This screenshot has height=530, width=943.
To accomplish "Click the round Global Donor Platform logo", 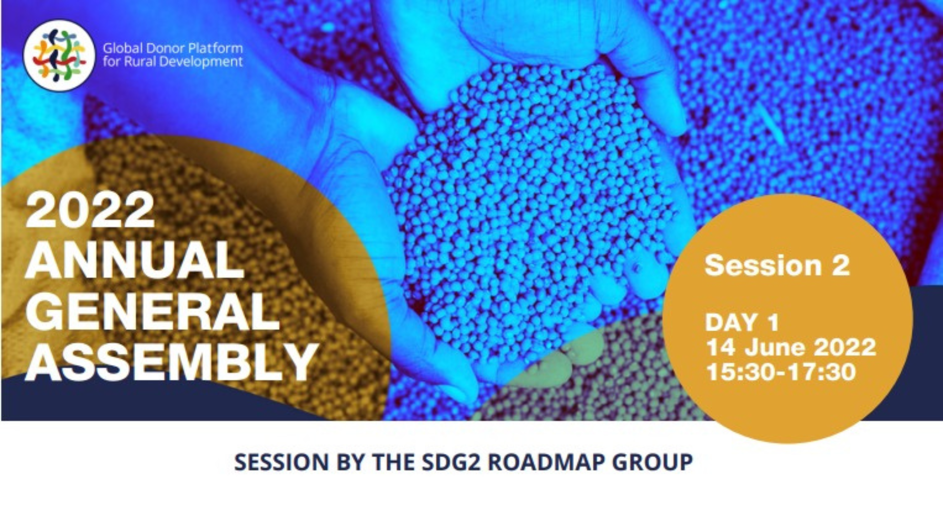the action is (x=59, y=55).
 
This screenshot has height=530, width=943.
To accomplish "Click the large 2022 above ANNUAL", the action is (x=90, y=210).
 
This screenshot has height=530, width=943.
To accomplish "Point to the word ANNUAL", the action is (x=135, y=260).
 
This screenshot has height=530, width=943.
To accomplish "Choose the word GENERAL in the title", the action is (x=152, y=311).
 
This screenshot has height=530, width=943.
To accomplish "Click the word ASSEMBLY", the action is (x=172, y=362).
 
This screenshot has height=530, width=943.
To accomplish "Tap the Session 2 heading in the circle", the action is (x=777, y=265).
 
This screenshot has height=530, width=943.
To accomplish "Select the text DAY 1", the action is (x=742, y=322).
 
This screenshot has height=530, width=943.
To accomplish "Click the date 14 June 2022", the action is (x=791, y=347).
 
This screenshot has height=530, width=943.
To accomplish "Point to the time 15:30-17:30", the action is (x=781, y=371).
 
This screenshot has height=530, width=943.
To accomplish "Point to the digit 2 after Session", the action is (x=840, y=265).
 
